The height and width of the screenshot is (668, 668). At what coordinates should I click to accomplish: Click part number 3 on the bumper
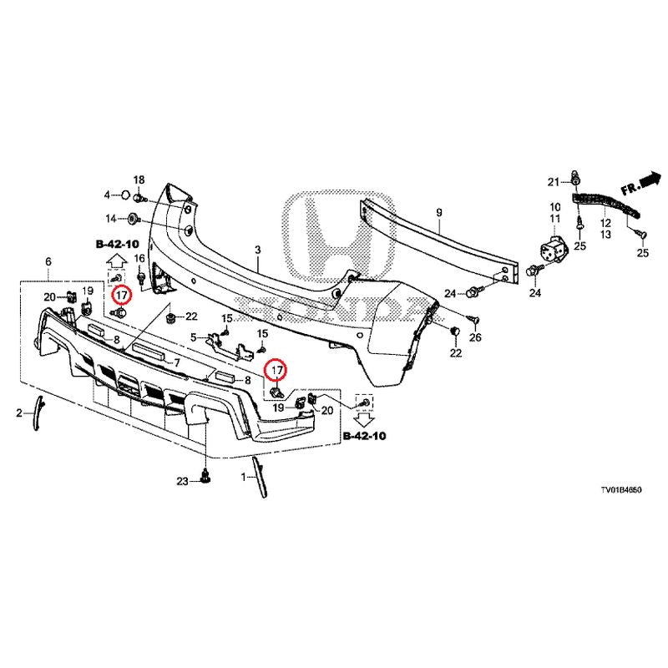pos(258,250)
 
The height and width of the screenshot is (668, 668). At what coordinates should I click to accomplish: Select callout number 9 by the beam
pos(439,214)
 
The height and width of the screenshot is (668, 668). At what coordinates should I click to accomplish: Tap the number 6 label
pos(48,262)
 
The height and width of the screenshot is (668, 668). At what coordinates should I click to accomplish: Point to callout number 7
pos(177,363)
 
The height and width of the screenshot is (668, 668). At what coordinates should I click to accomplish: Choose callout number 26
pos(476,337)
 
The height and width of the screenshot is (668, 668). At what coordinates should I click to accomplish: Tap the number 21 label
pos(552,182)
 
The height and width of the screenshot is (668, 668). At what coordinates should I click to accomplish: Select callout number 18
pos(139,180)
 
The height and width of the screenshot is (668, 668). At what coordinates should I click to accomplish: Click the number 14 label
pos(110,219)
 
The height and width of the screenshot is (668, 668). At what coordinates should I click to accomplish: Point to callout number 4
pos(107,195)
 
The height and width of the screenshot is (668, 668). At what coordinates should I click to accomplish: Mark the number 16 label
pos(139,258)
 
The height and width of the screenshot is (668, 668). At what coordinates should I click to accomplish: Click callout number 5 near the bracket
pos(193,337)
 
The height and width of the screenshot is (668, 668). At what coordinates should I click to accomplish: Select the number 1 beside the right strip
pos(244,477)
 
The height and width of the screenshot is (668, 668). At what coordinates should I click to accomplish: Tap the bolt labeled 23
pos(205,479)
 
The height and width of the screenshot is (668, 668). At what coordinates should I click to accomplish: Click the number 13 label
pos(605,235)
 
